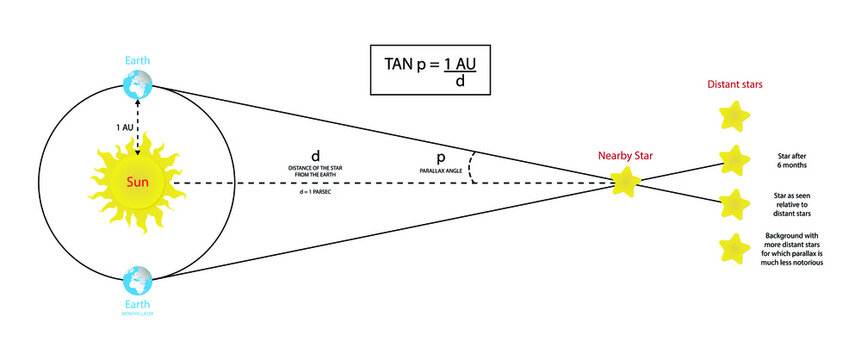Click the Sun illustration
(137, 183)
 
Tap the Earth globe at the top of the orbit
(137, 86)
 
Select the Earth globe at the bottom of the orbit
(136, 280)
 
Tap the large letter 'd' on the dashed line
(315, 157)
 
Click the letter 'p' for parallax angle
(440, 159)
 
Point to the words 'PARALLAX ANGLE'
(440, 173)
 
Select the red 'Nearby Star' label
(625, 156)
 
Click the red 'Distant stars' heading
(735, 86)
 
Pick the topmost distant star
(735, 118)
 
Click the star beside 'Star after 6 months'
(735, 160)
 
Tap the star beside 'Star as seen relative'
(735, 203)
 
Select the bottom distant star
(735, 248)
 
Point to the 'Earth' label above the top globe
(137, 60)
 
